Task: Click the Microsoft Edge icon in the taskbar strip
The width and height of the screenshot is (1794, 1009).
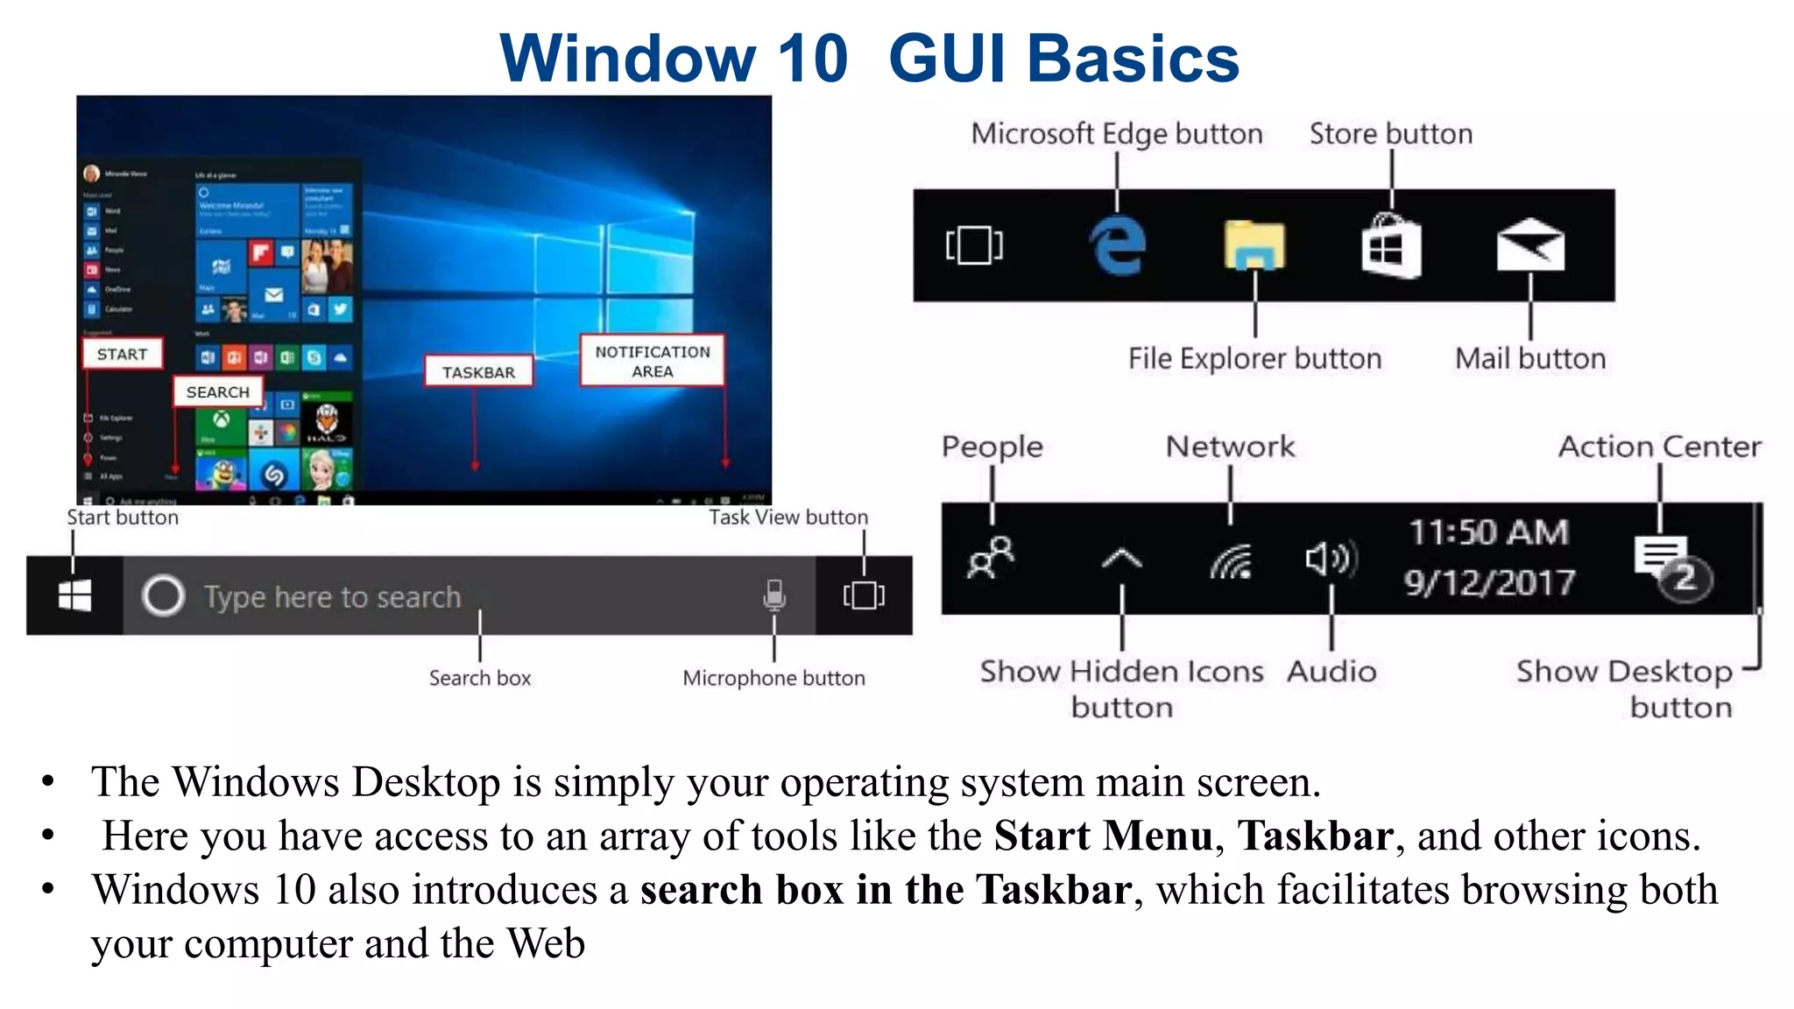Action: click(x=1117, y=245)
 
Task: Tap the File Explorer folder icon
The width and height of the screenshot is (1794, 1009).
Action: click(x=1254, y=245)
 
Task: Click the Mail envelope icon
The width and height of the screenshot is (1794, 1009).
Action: click(x=1529, y=245)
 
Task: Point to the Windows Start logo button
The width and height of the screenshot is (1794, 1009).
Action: click(x=74, y=596)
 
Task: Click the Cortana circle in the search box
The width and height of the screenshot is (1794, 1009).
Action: click(x=163, y=596)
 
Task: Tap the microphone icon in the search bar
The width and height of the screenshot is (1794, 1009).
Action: click(x=773, y=595)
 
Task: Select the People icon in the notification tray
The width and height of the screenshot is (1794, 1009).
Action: click(x=991, y=558)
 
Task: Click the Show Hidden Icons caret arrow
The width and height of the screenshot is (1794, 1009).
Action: click(x=1121, y=558)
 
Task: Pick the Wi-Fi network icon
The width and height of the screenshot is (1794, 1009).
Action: click(x=1231, y=561)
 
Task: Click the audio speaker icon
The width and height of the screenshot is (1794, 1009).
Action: click(x=1331, y=558)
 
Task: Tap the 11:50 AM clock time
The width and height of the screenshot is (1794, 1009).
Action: click(x=1488, y=532)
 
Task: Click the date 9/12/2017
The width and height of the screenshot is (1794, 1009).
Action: click(x=1489, y=582)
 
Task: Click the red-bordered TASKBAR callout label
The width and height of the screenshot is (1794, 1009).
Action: click(x=478, y=371)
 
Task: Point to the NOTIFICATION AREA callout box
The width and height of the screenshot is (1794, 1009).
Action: click(x=653, y=361)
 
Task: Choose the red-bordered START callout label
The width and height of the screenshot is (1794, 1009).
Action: click(x=123, y=354)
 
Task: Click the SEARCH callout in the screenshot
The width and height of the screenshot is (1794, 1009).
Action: click(x=218, y=392)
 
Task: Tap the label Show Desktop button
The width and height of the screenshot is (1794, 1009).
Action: click(x=1625, y=688)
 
